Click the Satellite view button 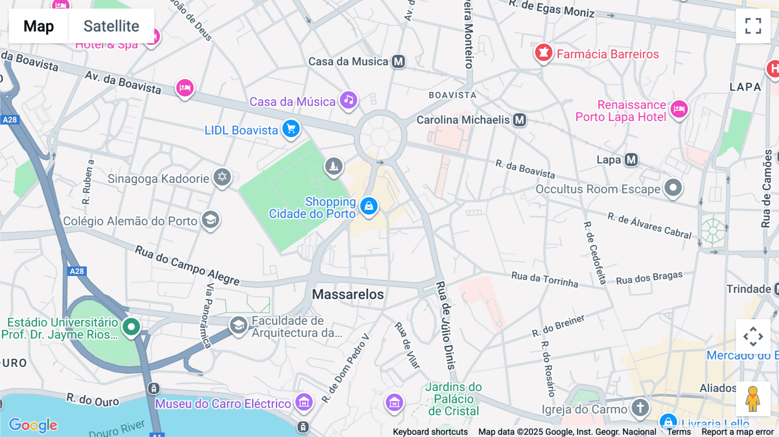(x=111, y=26)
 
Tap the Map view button (x=39, y=26)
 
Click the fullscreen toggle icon (x=753, y=26)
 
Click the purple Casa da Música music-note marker (x=348, y=100)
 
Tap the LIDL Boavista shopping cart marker (x=291, y=129)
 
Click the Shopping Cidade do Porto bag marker (x=369, y=206)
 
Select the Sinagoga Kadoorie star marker (x=222, y=177)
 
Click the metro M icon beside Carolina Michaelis (x=519, y=120)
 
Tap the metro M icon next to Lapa (x=631, y=160)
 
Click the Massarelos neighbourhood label (x=348, y=295)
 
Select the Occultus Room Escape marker (x=673, y=188)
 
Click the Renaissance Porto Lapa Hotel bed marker (x=679, y=109)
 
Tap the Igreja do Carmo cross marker (x=640, y=408)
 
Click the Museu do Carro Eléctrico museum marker (x=304, y=402)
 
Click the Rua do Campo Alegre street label (x=187, y=265)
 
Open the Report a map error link (x=737, y=432)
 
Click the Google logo (x=33, y=425)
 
